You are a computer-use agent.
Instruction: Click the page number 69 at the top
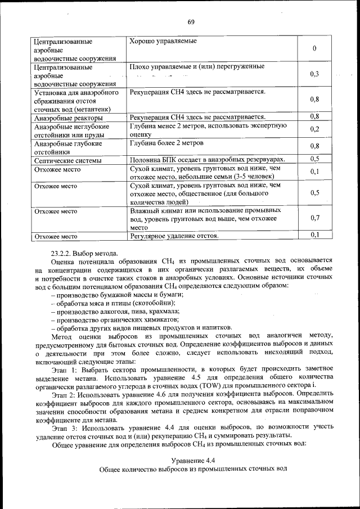coord(191,22)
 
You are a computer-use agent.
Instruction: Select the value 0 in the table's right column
coord(314,49)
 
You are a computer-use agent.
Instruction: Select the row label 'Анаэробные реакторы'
coord(68,118)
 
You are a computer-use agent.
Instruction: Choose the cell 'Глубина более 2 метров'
coord(166,143)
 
